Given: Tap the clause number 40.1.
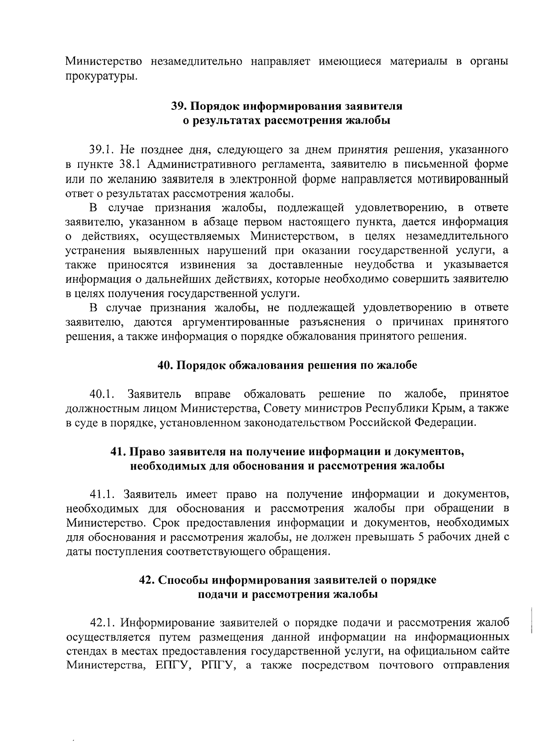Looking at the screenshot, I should [x=102, y=394].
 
